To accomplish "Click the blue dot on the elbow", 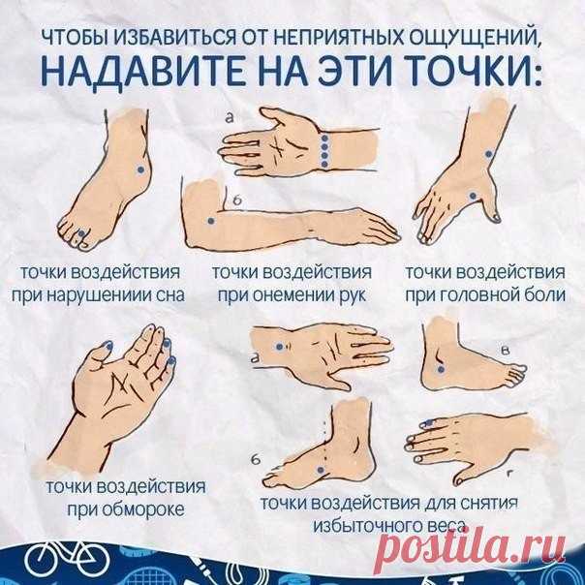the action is tap(211, 221).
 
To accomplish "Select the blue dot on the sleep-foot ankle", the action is tap(140, 169).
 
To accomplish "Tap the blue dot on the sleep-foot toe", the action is tap(81, 233).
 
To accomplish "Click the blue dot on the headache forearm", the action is tap(488, 154).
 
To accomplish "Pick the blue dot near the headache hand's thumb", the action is tap(473, 195).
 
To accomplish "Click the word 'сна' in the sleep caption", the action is tap(170, 295).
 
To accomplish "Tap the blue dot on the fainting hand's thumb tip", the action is tap(108, 347).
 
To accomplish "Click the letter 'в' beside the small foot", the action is tap(506, 351).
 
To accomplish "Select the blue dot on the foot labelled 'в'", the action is tap(441, 370).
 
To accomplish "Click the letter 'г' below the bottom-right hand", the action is tap(510, 474).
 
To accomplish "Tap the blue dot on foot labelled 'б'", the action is tap(321, 470).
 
